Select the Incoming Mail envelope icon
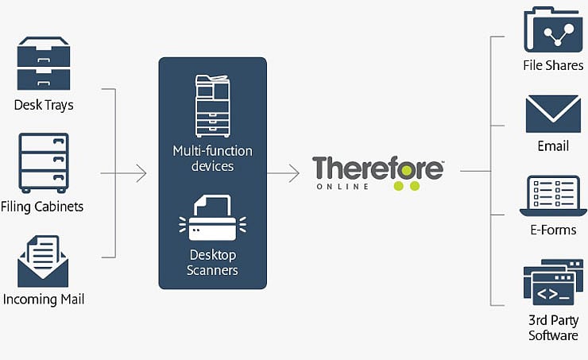coord(43,261)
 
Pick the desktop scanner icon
coord(212,219)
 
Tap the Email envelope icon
coord(553,114)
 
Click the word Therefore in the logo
coord(377,169)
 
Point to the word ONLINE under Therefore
coord(342,187)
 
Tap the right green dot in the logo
coord(413,188)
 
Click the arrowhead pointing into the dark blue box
coord(142,172)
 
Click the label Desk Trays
coord(44,105)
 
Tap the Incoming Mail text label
coord(44,300)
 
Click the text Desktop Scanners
coord(213,262)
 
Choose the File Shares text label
coord(553,66)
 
